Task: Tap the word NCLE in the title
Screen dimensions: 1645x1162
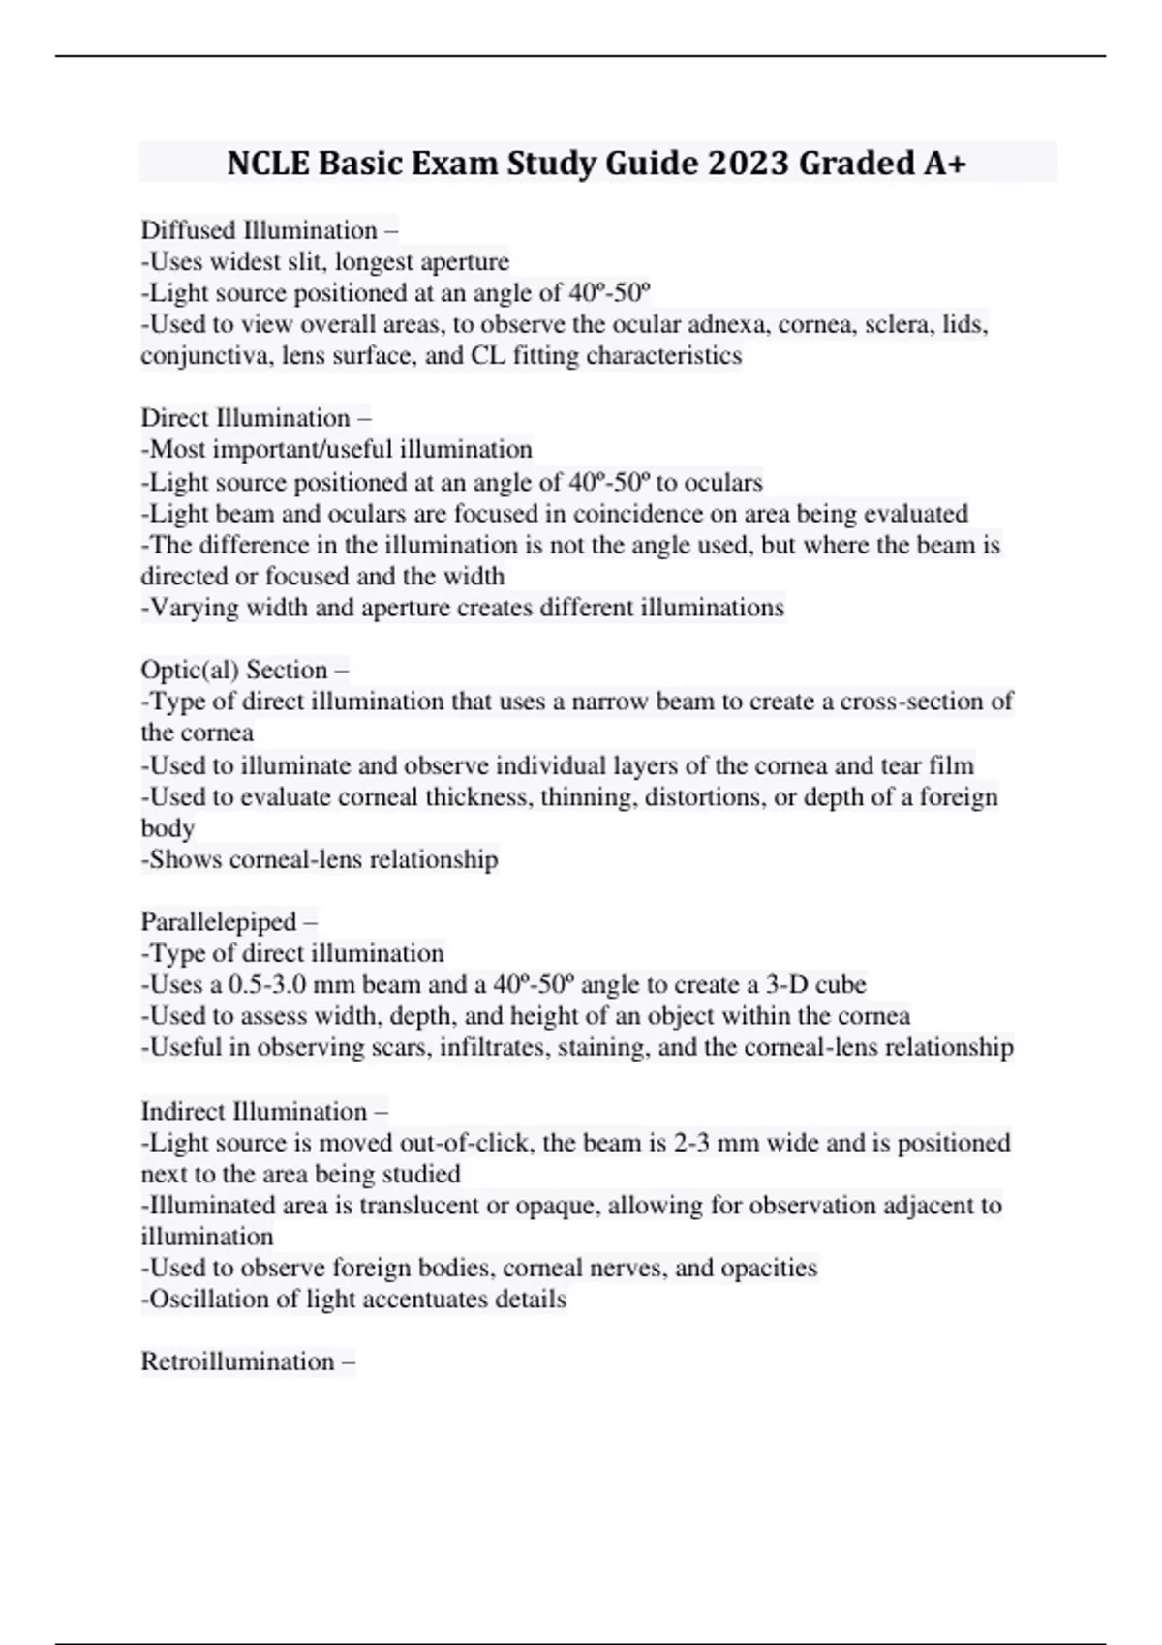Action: click(268, 163)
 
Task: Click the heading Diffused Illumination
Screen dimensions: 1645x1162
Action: click(259, 230)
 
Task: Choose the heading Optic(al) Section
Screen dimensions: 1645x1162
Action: click(234, 670)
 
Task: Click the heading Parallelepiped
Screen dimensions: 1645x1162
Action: click(219, 921)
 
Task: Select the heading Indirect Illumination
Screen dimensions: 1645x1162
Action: click(254, 1111)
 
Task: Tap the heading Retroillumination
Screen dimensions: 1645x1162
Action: click(238, 1361)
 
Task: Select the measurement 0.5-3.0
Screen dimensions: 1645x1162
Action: click(267, 985)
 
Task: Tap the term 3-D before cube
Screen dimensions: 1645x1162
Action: click(786, 985)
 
